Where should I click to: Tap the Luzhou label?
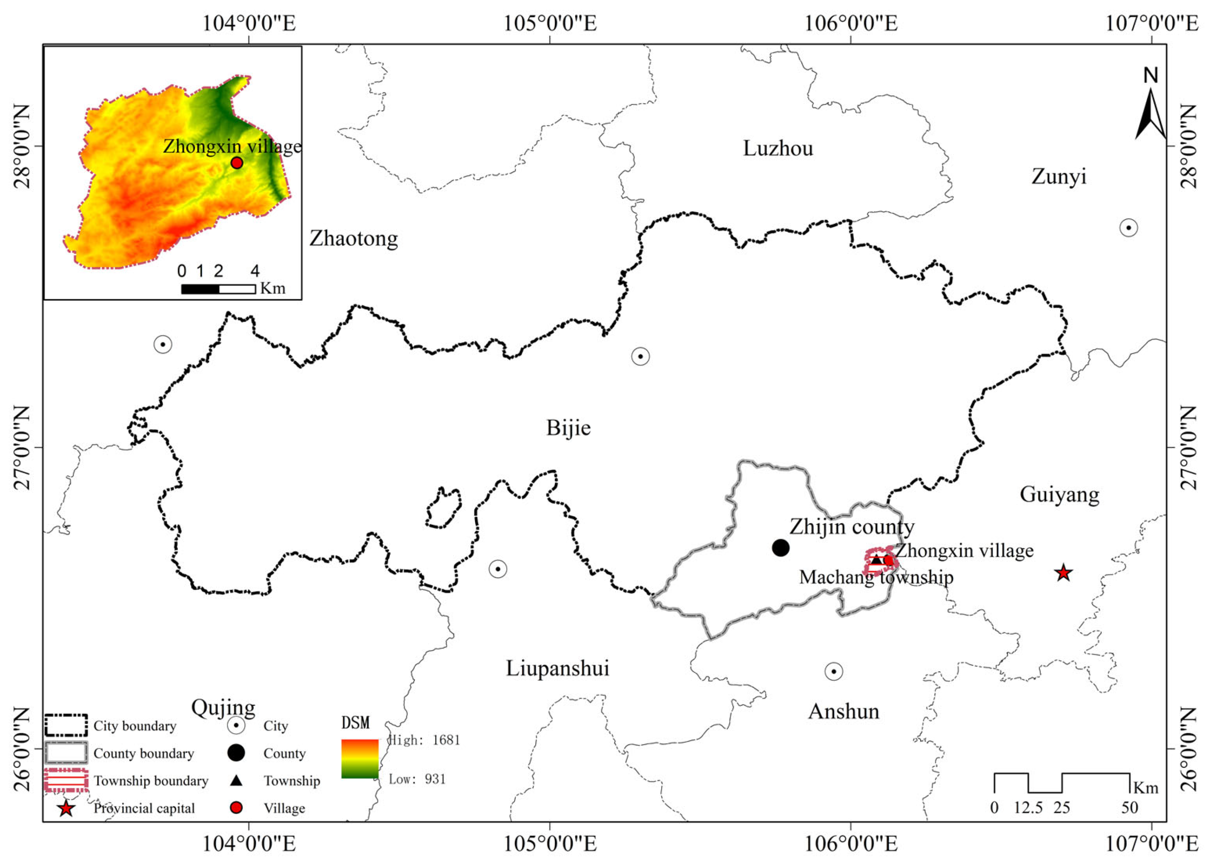coord(778,148)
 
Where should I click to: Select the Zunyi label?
coord(1059,176)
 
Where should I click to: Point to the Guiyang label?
coord(1059,495)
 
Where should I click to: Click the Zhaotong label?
coord(354,239)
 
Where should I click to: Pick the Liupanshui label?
coord(557,668)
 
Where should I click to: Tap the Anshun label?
coord(844,711)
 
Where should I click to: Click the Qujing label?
coord(223,707)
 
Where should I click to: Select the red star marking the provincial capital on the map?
coord(1063,573)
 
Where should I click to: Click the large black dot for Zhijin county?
coord(780,547)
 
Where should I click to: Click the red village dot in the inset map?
coord(237,163)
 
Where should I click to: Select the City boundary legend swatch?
coord(66,725)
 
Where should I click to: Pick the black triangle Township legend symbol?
coord(236,781)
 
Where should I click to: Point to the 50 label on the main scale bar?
coord(1130,808)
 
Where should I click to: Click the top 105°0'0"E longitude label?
coord(550,23)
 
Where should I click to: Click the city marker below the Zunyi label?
coord(1128,228)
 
